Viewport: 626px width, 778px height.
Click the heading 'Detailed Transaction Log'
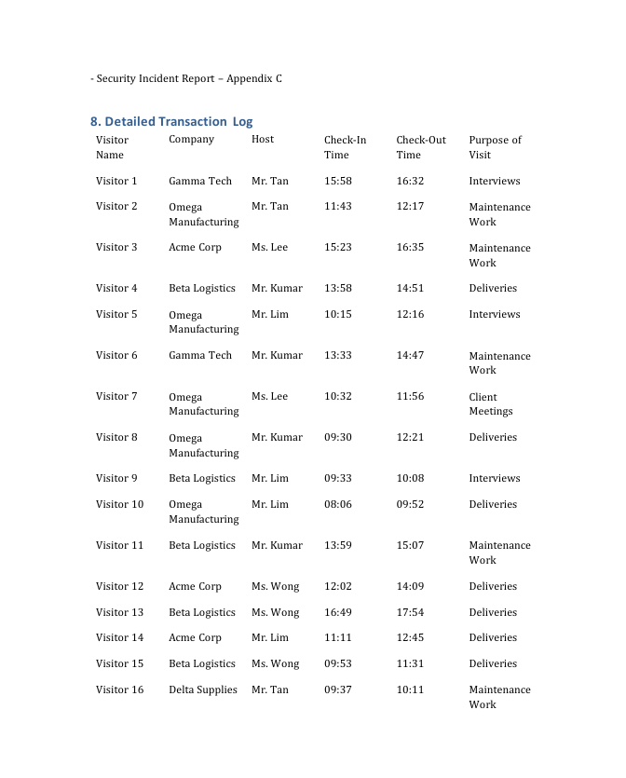(171, 121)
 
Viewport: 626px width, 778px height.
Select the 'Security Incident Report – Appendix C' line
(186, 78)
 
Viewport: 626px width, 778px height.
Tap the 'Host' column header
(263, 140)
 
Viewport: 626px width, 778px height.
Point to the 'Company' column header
(191, 140)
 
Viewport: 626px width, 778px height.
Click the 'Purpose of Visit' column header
(495, 147)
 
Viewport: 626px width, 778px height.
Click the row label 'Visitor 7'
(116, 397)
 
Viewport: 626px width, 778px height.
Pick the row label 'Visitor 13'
(119, 612)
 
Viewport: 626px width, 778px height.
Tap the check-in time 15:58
(338, 181)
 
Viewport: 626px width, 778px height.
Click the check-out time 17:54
(410, 612)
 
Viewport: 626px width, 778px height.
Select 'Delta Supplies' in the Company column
(203, 689)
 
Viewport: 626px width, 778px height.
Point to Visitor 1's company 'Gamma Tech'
(200, 181)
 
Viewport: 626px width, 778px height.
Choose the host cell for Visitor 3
(269, 248)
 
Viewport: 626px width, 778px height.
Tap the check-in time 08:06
(338, 504)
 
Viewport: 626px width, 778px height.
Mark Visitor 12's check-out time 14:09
(410, 586)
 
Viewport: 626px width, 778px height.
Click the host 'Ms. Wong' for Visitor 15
(276, 663)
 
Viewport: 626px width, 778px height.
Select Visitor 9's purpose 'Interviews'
(495, 478)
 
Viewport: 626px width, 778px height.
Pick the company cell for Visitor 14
(195, 637)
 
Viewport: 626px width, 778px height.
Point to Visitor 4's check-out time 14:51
(410, 288)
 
